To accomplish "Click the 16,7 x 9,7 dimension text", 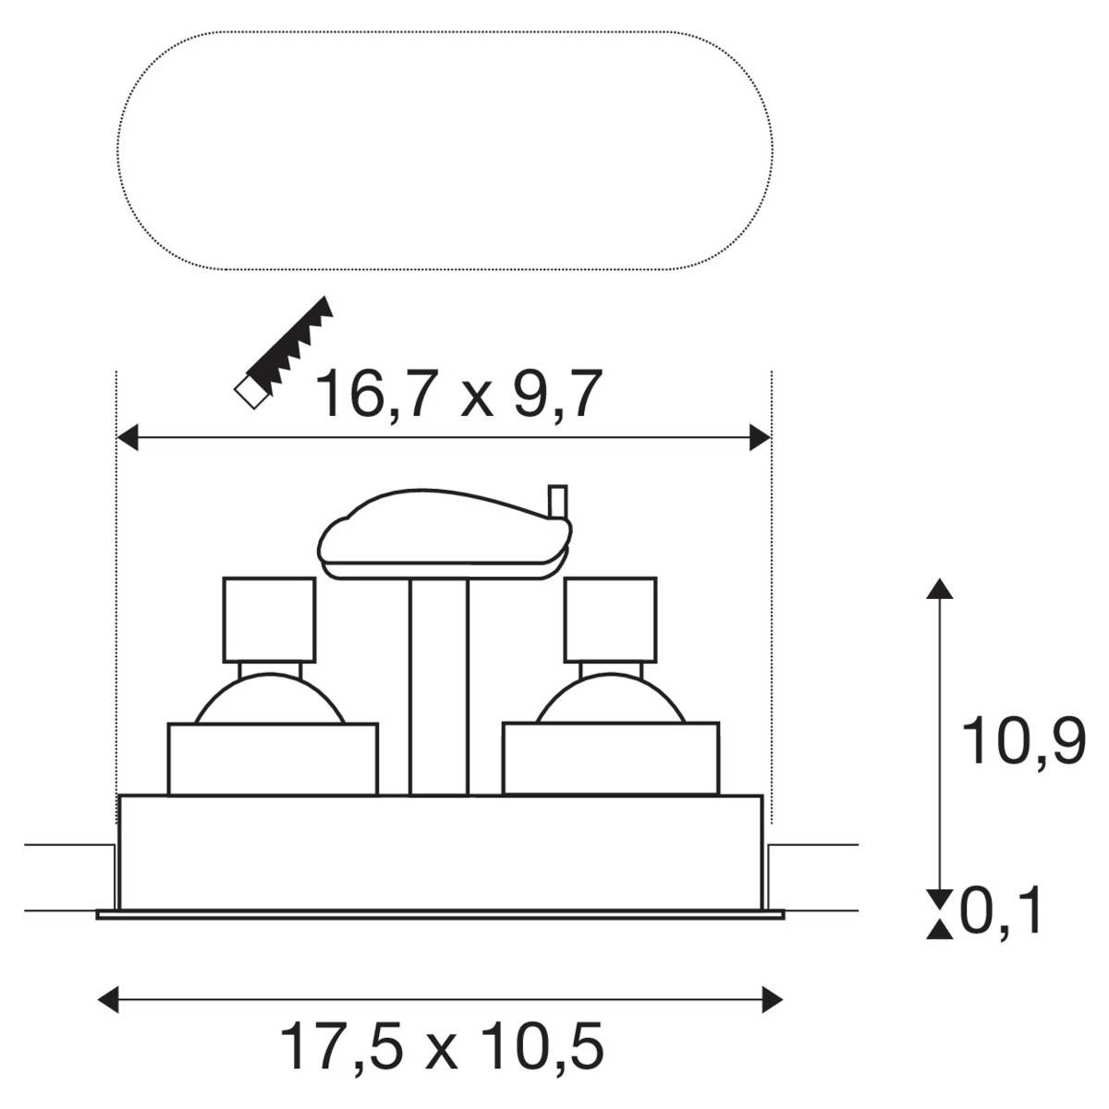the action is click(459, 394).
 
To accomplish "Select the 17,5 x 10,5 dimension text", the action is click(442, 1046).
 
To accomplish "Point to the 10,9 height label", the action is click(1023, 741).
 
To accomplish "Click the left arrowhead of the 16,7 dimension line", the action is click(128, 438).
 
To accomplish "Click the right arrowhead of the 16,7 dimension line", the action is click(760, 438).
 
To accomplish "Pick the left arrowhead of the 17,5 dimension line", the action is click(108, 999).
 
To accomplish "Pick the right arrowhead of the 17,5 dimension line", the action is click(773, 999).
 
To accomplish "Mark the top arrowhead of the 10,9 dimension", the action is click(939, 590).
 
